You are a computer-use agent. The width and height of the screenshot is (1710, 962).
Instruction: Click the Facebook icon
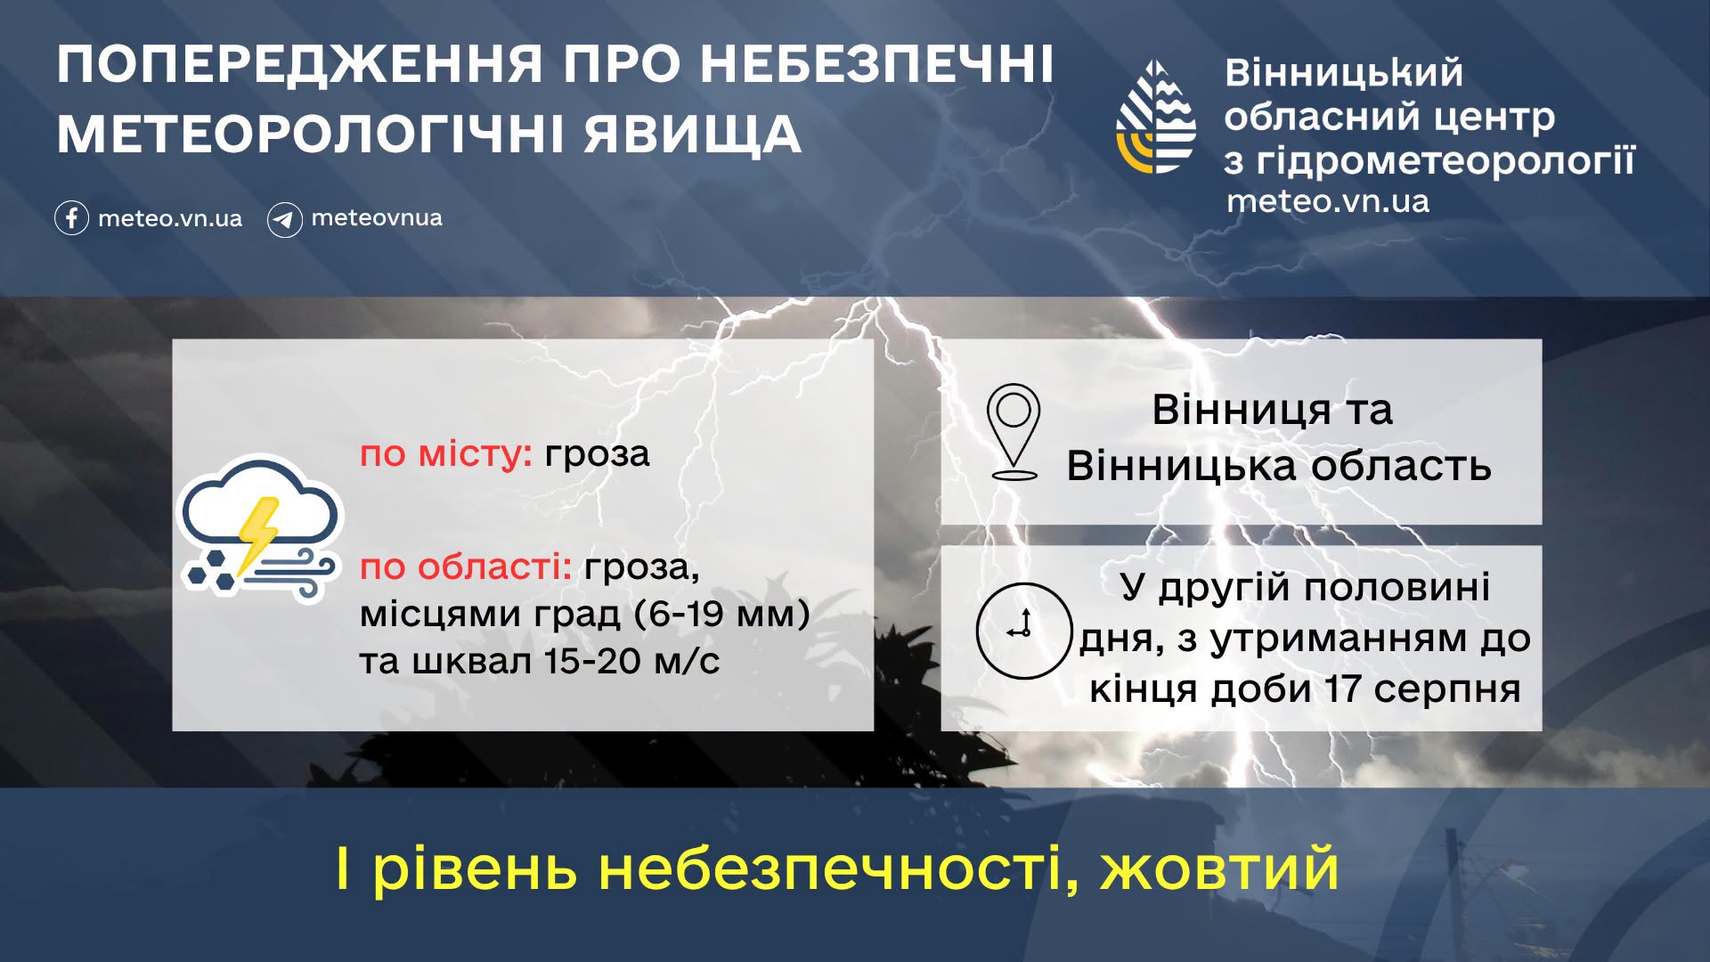click(x=71, y=218)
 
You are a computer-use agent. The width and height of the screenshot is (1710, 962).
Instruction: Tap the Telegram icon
click(x=285, y=219)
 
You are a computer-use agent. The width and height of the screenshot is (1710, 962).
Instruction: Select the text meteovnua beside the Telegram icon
click(x=377, y=217)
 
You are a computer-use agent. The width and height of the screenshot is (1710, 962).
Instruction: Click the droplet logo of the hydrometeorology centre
click(x=1156, y=117)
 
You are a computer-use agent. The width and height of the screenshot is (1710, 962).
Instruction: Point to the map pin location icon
click(x=1014, y=431)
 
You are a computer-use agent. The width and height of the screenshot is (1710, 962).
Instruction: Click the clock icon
click(x=1023, y=631)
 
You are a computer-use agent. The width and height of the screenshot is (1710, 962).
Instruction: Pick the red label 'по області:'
click(x=466, y=567)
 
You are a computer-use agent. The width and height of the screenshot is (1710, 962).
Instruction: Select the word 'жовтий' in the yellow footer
click(x=1220, y=868)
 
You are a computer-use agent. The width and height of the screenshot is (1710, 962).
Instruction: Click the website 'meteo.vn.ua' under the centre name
click(x=1328, y=201)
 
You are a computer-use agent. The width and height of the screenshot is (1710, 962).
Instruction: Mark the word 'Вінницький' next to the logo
click(x=1344, y=73)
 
